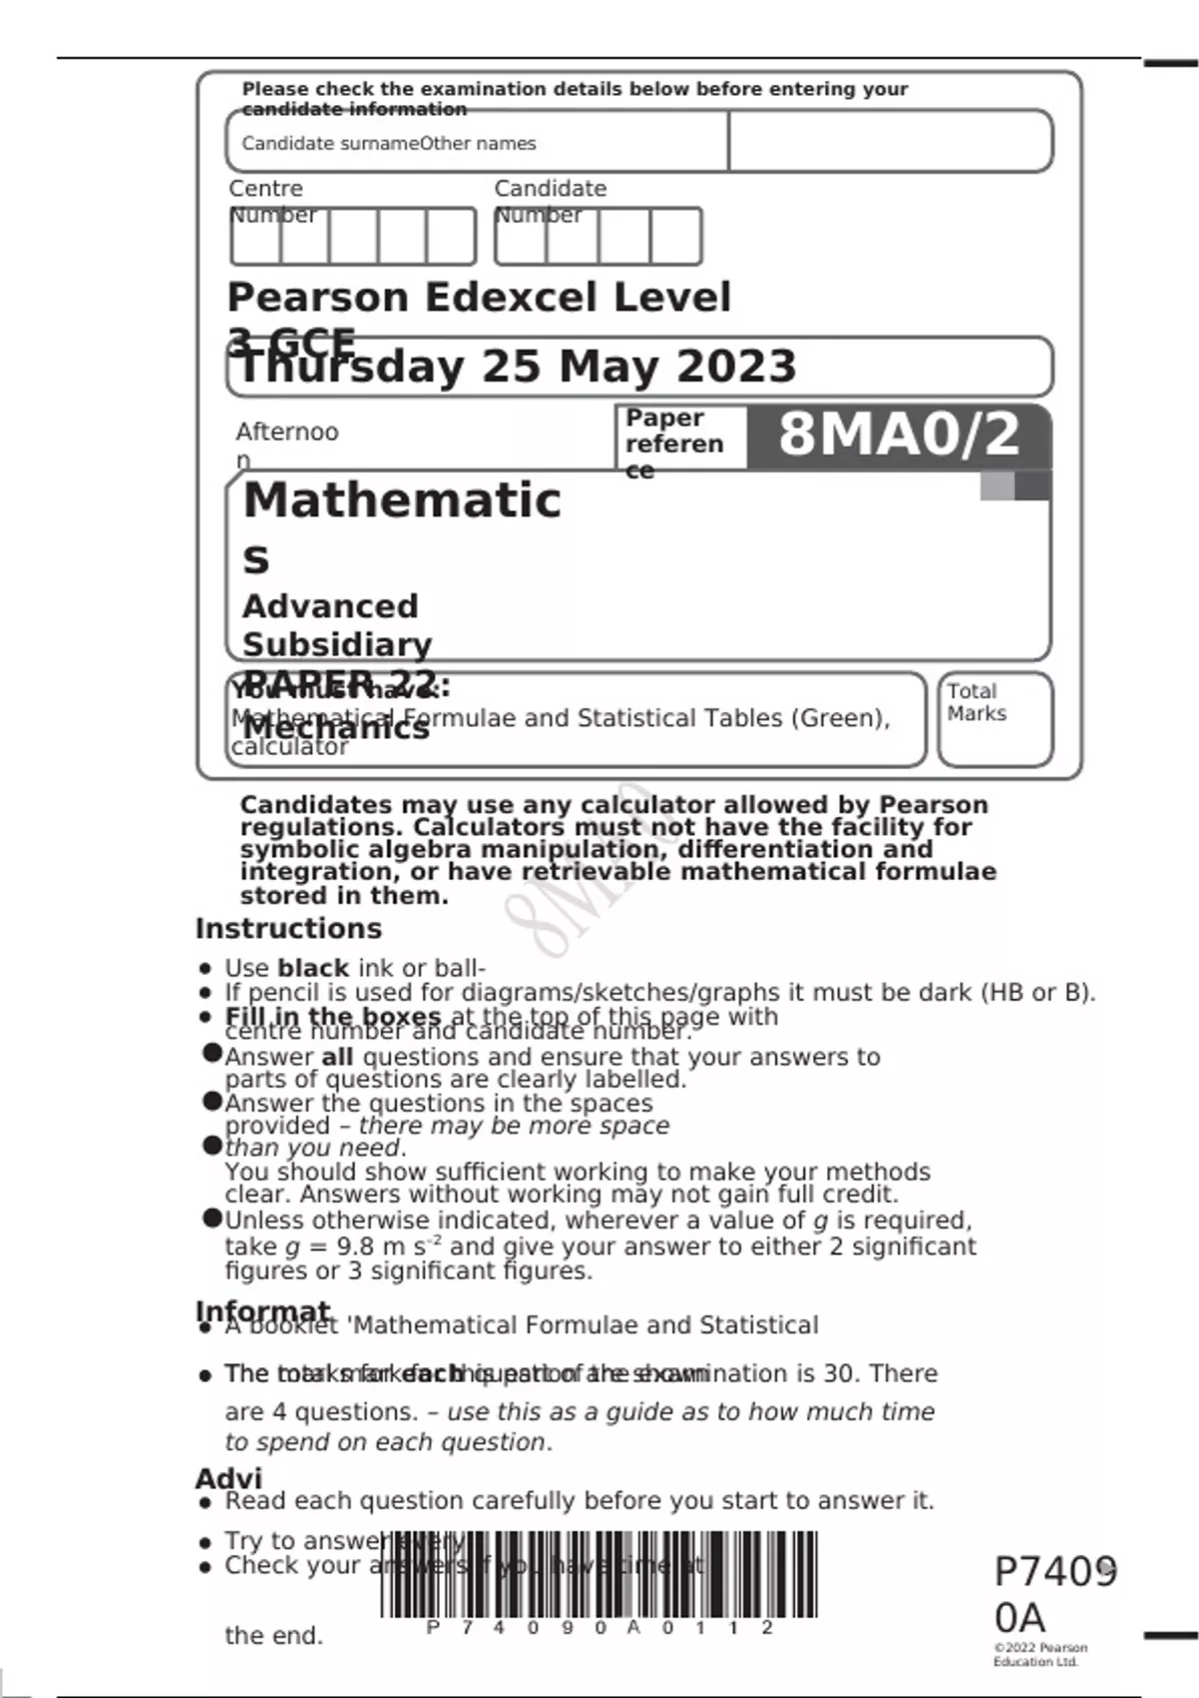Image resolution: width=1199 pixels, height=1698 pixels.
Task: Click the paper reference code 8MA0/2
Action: (898, 434)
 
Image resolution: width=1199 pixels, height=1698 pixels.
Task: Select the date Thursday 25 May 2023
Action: (518, 367)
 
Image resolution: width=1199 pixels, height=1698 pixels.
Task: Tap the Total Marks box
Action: (995, 719)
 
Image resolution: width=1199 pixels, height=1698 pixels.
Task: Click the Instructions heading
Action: (289, 929)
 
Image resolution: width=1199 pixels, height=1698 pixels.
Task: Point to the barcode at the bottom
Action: (599, 1575)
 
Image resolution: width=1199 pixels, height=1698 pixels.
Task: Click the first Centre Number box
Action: (256, 237)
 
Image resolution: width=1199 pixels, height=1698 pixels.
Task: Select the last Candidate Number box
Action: (675, 237)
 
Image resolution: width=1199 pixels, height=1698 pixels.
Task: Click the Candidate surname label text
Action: (330, 144)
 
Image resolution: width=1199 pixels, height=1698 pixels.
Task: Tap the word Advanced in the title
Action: (331, 606)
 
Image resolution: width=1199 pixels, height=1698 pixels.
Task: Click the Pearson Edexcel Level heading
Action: (479, 298)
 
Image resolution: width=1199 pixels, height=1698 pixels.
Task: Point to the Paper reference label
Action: (673, 442)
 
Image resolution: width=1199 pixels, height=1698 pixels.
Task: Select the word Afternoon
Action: (287, 432)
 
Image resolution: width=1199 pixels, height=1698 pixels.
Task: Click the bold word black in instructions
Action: (313, 969)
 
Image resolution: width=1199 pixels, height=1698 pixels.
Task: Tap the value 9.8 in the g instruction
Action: (356, 1248)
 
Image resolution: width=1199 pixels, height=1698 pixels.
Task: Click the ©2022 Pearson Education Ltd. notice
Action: (1039, 1655)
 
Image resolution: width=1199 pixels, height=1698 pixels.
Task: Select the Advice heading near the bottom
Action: (229, 1478)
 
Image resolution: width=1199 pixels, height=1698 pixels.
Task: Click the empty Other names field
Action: (889, 141)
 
